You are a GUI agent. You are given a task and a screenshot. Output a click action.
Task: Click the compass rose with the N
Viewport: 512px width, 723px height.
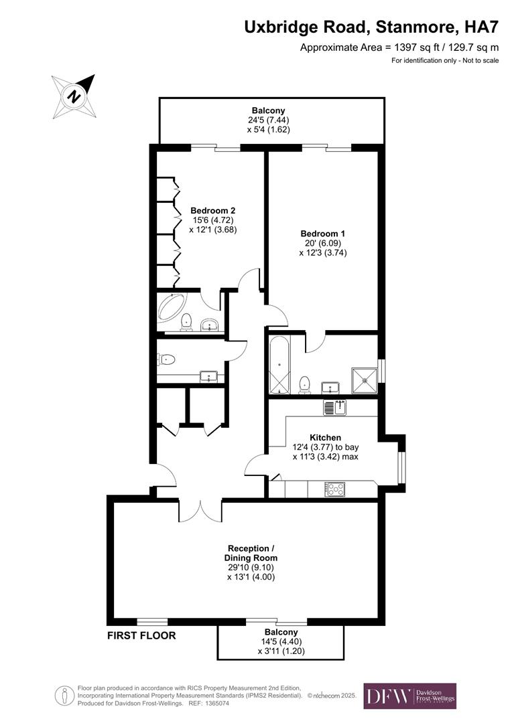(x=74, y=95)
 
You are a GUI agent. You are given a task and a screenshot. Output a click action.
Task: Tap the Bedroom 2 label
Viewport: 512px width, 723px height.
(x=212, y=210)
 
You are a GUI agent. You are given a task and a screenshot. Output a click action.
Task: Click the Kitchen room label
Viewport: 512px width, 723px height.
(x=326, y=437)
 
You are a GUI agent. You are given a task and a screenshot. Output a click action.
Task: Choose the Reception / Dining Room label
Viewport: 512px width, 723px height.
(x=251, y=553)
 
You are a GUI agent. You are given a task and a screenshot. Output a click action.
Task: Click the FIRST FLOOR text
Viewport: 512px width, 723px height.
(x=141, y=635)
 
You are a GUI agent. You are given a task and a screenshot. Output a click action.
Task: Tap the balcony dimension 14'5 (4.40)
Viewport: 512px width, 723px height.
(x=280, y=641)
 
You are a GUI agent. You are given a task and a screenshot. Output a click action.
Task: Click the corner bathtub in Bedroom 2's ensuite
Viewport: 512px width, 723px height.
(x=172, y=307)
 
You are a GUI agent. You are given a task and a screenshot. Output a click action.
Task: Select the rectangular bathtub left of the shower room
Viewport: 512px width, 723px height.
(x=279, y=364)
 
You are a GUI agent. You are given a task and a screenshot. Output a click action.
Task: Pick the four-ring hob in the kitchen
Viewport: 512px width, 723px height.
(x=335, y=489)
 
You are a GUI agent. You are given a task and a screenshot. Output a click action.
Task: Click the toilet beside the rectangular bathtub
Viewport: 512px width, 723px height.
(x=305, y=384)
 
